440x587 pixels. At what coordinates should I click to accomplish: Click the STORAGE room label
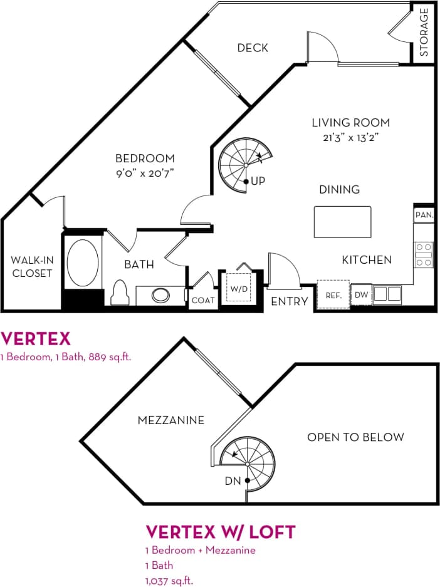click(424, 32)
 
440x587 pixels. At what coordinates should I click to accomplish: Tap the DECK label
click(253, 48)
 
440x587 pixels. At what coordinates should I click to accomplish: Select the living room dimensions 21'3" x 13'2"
click(351, 137)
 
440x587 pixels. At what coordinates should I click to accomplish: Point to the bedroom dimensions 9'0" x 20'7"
click(144, 173)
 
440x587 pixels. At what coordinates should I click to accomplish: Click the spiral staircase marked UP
click(245, 165)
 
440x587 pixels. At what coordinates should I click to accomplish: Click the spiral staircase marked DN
click(248, 467)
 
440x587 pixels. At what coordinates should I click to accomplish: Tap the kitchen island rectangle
click(342, 221)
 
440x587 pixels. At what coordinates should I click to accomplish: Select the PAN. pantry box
click(424, 215)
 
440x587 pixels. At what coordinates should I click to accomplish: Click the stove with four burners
click(424, 255)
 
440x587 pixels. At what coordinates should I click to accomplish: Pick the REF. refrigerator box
click(333, 294)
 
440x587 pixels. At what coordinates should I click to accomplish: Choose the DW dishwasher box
click(361, 294)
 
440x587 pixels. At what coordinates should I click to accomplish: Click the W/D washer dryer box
click(238, 288)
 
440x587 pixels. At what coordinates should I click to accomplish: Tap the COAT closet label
click(202, 301)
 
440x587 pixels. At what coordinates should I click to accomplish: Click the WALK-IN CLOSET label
click(32, 266)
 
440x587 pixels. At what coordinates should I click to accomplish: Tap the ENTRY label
click(289, 301)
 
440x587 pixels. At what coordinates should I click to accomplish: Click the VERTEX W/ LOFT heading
click(220, 532)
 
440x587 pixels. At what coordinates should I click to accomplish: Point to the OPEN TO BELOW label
click(355, 437)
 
